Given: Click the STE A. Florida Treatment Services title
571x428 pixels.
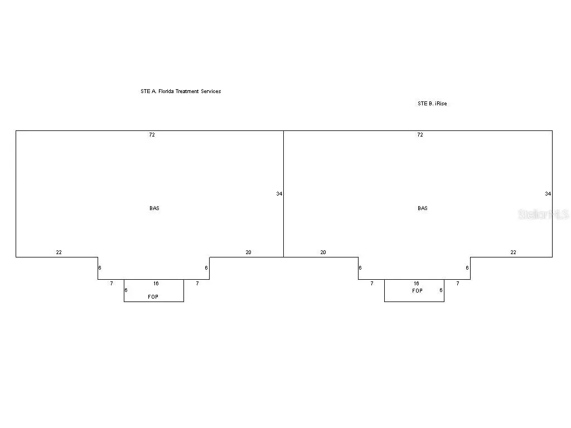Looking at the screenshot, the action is click(181, 91).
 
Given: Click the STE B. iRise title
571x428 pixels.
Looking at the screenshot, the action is click(432, 104).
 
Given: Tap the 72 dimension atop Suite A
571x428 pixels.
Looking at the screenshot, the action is click(152, 135).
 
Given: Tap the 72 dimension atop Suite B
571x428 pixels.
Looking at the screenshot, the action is click(420, 135).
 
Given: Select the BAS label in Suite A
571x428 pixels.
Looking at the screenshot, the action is click(154, 208).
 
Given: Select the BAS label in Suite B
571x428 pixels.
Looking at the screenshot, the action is click(423, 208).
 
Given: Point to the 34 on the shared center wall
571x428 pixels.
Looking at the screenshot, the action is click(279, 193).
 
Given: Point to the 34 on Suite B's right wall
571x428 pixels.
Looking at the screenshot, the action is click(548, 193).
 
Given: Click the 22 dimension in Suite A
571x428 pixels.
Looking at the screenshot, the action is click(59, 252).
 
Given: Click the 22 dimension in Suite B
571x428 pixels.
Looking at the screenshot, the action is click(513, 252).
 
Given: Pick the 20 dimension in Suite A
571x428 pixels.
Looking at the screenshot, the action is click(248, 252).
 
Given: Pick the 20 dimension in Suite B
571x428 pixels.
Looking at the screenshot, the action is click(323, 252).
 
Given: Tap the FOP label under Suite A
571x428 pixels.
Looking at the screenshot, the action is click(153, 296).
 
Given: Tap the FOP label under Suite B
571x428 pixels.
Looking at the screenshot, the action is click(417, 290).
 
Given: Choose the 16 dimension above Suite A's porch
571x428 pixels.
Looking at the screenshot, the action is click(156, 284).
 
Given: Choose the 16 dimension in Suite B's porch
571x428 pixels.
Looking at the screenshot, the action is click(416, 284).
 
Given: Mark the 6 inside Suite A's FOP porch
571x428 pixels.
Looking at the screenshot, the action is click(126, 290).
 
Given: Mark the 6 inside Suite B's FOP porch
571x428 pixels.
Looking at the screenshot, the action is click(441, 290).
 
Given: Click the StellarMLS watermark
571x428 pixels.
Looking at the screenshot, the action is click(543, 215).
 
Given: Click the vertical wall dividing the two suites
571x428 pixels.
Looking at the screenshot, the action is click(284, 194).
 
